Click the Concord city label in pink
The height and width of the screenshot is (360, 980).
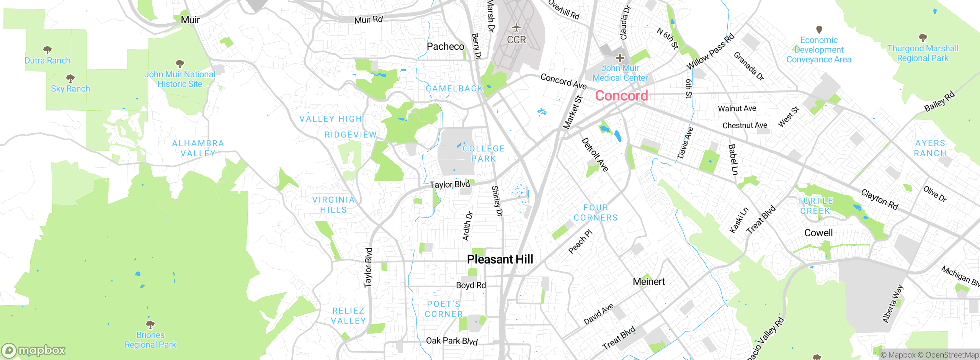[621, 96]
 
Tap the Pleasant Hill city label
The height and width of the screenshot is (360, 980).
[500, 259]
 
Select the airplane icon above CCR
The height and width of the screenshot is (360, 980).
[516, 28]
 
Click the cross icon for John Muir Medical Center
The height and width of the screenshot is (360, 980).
[620, 58]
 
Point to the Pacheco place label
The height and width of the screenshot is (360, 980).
[445, 47]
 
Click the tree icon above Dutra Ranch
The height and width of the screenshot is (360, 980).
[47, 50]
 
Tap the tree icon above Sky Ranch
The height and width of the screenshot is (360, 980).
[70, 79]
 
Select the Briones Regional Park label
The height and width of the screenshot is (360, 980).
[150, 340]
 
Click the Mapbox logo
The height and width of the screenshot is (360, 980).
[34, 350]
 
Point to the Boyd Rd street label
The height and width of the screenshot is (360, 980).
[470, 285]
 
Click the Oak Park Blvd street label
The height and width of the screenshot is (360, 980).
[452, 341]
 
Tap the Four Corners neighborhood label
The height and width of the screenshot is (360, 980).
[596, 213]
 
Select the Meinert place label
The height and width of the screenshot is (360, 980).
[648, 282]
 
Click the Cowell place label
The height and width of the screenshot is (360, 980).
[818, 233]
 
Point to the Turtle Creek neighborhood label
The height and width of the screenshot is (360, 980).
[815, 206]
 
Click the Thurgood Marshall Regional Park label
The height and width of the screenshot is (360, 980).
[923, 53]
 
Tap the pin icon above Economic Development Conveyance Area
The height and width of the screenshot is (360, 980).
[819, 29]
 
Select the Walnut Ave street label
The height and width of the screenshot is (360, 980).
[737, 109]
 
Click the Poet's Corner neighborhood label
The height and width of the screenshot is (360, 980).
[444, 309]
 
